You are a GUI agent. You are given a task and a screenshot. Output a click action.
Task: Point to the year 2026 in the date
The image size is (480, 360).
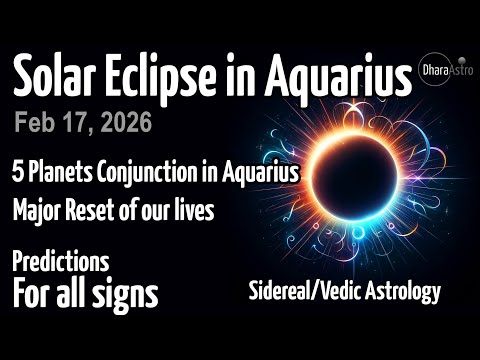point(124,123)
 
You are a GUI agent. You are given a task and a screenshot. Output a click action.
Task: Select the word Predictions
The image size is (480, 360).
point(60,262)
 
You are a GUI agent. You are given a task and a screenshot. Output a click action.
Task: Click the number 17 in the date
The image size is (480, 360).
point(77,123)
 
